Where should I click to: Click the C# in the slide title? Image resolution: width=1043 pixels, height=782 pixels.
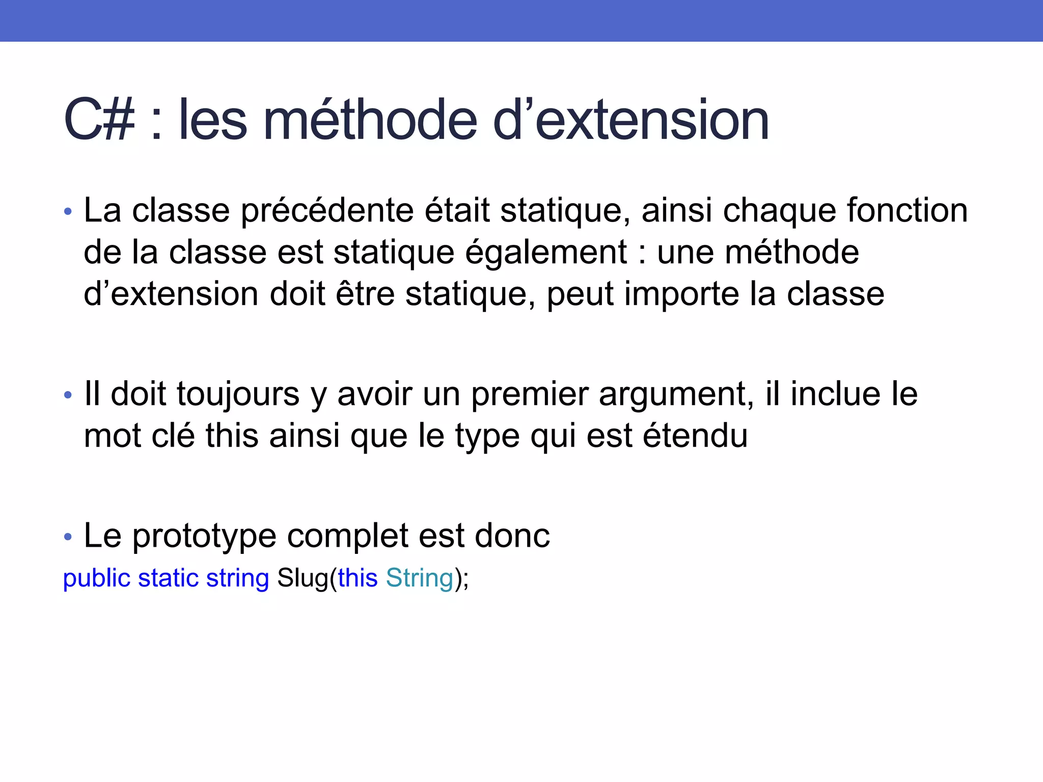[100, 121]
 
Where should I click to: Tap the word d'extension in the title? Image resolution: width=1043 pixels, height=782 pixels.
[631, 121]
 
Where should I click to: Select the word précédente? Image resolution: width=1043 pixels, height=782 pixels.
[327, 211]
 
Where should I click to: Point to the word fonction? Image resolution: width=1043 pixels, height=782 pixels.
[907, 211]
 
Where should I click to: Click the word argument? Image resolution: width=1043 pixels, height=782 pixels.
[676, 396]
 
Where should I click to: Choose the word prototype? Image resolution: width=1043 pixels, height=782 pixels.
[204, 537]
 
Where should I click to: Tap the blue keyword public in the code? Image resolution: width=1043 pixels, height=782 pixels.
[96, 578]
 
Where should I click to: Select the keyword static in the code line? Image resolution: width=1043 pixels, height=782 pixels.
[168, 578]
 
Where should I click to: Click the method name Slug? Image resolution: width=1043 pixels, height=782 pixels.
[303, 578]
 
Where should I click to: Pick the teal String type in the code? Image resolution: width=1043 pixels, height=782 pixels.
[419, 578]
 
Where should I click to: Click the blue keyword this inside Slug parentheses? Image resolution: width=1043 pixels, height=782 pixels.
[358, 578]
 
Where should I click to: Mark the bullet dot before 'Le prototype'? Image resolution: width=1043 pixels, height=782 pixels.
[68, 537]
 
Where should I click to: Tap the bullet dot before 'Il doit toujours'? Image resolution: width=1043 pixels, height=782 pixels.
[68, 395]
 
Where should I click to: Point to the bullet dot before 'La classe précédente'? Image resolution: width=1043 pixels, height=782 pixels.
[68, 211]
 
